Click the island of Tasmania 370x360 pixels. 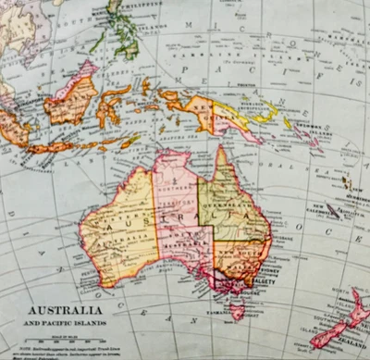pyautogui.click(x=238, y=312)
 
